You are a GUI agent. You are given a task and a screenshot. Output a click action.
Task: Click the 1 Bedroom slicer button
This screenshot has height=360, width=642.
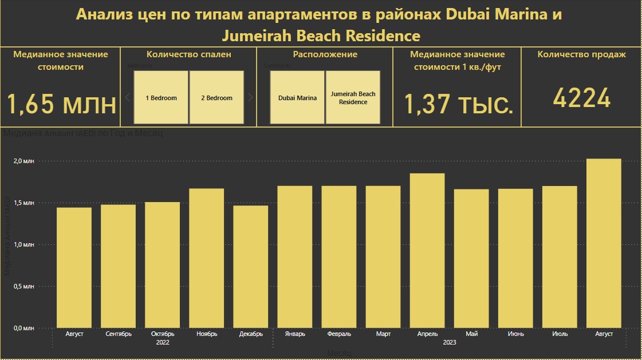161,97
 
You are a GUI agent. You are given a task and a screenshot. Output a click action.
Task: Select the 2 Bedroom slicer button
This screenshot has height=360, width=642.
216,97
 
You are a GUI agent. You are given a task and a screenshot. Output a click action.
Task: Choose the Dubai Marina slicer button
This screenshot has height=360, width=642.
297,97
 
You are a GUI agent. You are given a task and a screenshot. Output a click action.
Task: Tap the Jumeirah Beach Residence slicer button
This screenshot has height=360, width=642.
353,97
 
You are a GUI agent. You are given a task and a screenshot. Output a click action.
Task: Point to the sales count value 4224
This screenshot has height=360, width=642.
581,99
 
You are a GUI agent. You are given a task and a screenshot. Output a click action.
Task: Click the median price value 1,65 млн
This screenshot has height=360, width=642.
61,104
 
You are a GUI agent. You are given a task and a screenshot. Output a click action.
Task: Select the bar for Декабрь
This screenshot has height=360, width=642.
251,266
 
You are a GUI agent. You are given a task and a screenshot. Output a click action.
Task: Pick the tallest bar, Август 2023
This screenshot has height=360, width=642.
604,243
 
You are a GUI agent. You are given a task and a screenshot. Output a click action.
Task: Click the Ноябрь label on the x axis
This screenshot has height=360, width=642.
207,334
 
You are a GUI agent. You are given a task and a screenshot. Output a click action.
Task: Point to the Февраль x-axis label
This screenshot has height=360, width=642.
339,334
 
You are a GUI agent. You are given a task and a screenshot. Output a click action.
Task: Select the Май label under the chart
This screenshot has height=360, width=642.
472,334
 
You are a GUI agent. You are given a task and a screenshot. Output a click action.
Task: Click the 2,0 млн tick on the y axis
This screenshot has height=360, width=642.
24,161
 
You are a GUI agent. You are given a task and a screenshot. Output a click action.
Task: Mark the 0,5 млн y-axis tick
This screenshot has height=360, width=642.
24,286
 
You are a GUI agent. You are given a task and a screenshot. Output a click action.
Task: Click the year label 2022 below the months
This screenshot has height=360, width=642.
163,342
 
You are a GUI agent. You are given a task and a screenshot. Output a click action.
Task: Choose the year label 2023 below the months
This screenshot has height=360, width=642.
450,342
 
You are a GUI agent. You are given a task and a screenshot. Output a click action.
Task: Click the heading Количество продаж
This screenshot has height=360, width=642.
581,54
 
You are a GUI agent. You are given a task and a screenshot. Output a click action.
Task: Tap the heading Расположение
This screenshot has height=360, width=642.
325,54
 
